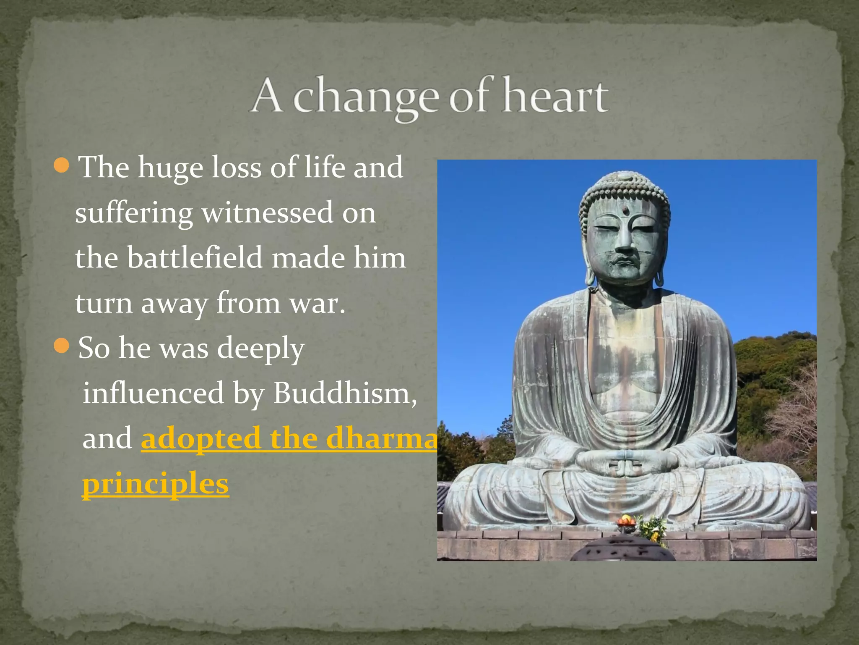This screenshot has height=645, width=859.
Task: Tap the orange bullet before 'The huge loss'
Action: click(62, 165)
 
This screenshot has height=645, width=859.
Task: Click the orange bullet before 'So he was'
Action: click(62, 346)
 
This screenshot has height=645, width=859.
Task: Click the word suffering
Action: click(134, 213)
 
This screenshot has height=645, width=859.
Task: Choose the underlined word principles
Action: click(155, 483)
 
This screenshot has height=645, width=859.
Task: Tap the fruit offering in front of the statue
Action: click(626, 522)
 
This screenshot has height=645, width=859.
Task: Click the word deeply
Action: click(260, 348)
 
